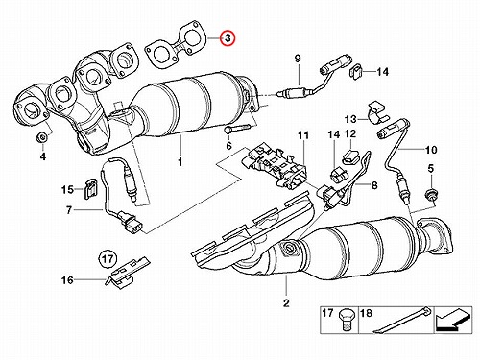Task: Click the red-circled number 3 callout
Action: click(x=228, y=38)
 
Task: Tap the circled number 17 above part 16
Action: click(x=108, y=258)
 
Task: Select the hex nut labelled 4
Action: click(x=41, y=138)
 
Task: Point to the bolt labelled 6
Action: click(x=237, y=130)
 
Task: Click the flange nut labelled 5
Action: click(x=431, y=194)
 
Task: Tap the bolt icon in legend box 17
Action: click(x=346, y=318)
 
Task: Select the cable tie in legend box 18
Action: click(x=401, y=320)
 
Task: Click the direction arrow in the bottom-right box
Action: click(x=452, y=320)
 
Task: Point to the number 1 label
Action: click(x=180, y=161)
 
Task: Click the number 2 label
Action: click(x=286, y=302)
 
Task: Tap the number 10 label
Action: click(x=431, y=150)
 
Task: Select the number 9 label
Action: click(x=297, y=59)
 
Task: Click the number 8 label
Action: click(x=373, y=185)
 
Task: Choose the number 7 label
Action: click(x=69, y=210)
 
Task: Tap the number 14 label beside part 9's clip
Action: click(x=382, y=72)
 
